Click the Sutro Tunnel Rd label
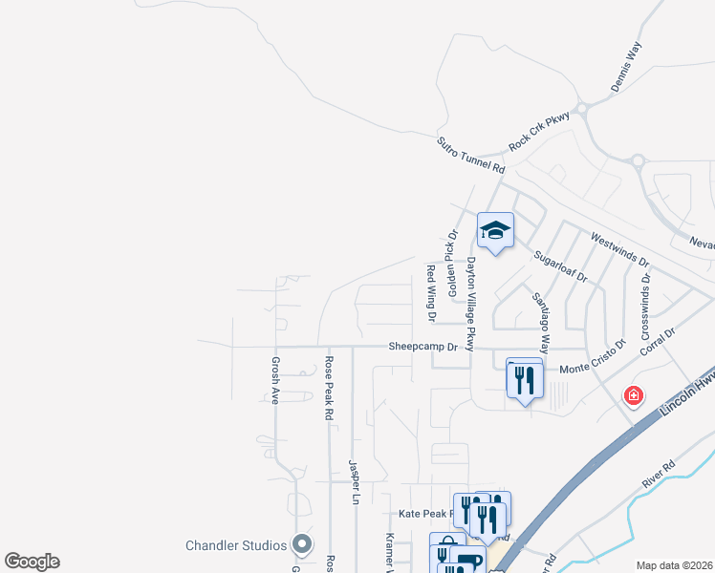(470, 155)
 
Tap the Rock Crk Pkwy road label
(539, 130)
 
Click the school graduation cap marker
(495, 230)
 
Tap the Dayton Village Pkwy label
(470, 304)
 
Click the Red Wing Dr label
(431, 291)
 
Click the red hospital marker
(632, 395)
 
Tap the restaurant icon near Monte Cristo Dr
(524, 380)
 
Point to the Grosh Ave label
(274, 380)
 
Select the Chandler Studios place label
(235, 545)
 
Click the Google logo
(32, 562)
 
